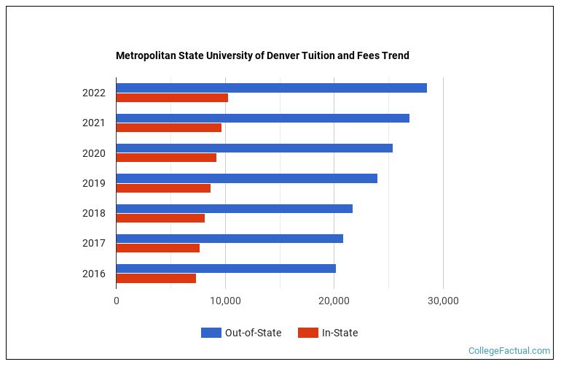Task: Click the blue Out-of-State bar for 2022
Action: click(271, 88)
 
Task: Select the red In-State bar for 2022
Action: click(172, 98)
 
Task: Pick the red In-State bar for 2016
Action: click(156, 278)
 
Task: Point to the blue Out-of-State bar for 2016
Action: click(226, 269)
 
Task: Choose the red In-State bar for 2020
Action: click(166, 158)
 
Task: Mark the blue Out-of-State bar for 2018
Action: click(234, 209)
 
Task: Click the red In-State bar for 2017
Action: click(157, 248)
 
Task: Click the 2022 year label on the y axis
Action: click(94, 93)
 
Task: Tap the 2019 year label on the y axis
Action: click(94, 183)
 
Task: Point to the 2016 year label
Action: click(94, 274)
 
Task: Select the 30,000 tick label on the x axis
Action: click(443, 301)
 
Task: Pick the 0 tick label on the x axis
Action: click(117, 301)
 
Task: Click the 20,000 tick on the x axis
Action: click(334, 301)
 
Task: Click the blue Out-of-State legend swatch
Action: click(211, 333)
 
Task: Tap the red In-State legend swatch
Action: click(308, 333)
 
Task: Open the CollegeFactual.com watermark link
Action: click(509, 351)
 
